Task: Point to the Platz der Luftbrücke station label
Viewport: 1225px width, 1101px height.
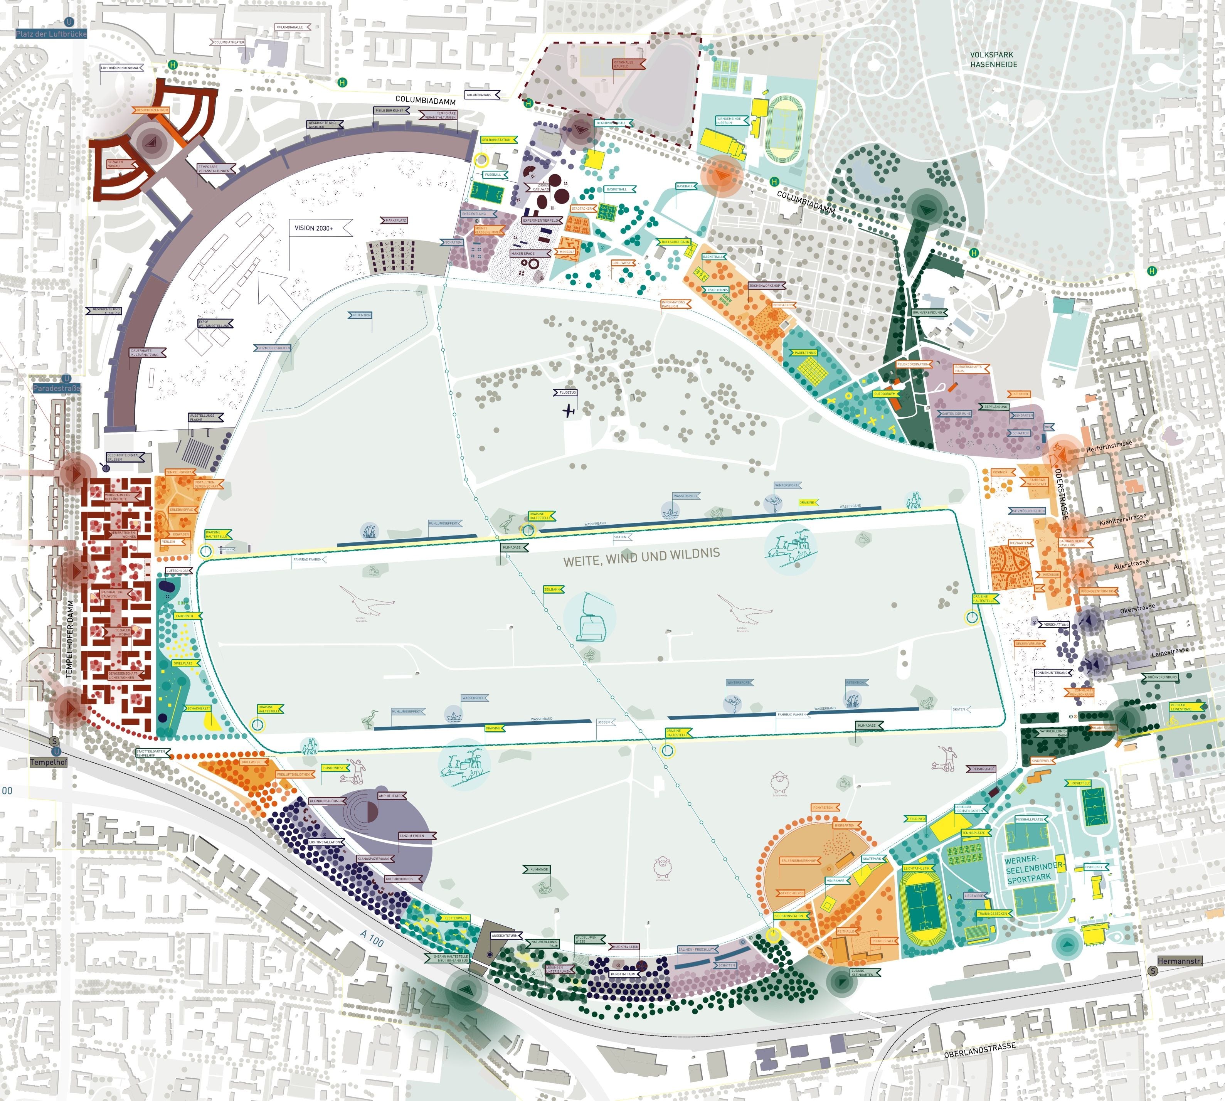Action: coord(51,34)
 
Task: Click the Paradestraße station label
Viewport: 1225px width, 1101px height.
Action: coord(56,388)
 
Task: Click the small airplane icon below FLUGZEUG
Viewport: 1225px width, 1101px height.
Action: coord(568,411)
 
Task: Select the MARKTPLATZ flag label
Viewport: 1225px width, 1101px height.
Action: coord(395,220)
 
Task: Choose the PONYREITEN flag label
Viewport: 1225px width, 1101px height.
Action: coord(824,808)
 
